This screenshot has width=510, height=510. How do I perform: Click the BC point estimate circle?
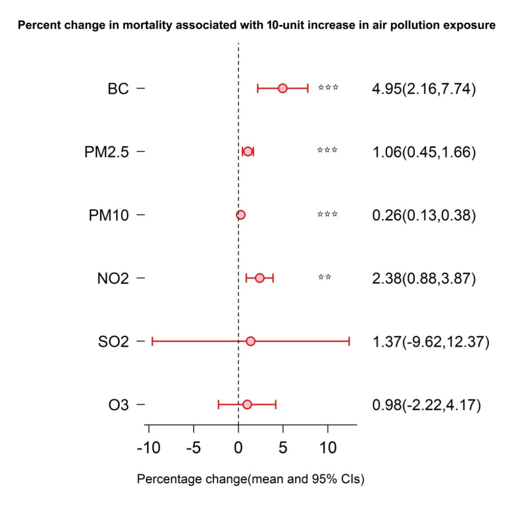[x=283, y=88]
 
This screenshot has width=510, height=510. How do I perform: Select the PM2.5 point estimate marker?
[x=248, y=151]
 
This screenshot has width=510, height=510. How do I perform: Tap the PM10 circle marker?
[x=241, y=215]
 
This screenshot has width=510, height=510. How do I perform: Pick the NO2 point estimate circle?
[x=259, y=278]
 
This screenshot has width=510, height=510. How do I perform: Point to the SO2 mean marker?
[x=251, y=341]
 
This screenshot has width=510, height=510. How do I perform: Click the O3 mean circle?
[x=247, y=404]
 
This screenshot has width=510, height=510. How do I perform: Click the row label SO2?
[x=113, y=342]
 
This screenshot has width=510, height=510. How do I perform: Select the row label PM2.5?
[x=107, y=152]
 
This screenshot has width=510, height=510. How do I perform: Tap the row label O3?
[x=119, y=405]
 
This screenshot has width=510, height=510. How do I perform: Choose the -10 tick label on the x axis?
[x=148, y=448]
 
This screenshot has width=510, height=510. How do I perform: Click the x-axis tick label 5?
[x=283, y=448]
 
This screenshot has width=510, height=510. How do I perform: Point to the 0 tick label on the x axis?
[x=239, y=448]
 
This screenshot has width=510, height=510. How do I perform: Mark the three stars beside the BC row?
[x=328, y=87]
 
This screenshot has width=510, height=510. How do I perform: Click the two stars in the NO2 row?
[x=325, y=277]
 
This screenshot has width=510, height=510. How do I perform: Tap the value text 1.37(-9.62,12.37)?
[x=431, y=342]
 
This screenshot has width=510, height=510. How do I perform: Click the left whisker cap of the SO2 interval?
[x=152, y=341]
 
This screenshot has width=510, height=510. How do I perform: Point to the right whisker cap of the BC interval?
[x=308, y=88]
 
